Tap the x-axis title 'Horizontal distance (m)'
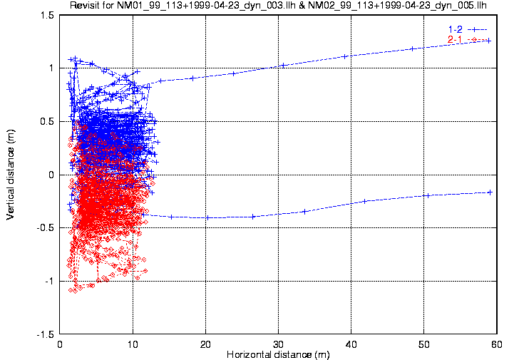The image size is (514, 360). pyautogui.click(x=278, y=354)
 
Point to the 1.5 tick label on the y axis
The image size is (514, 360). pyautogui.click(x=47, y=14)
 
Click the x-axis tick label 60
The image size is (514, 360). pyautogui.click(x=496, y=344)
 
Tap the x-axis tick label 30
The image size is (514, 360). pyautogui.click(x=278, y=344)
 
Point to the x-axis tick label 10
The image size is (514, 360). pyautogui.click(x=133, y=344)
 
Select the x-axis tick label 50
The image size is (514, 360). pyautogui.click(x=423, y=344)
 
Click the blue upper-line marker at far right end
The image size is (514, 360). pyautogui.click(x=489, y=41)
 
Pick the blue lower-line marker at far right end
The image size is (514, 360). pyautogui.click(x=490, y=192)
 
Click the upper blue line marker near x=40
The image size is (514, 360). pyautogui.click(x=345, y=56)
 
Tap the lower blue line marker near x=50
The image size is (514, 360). pyautogui.click(x=427, y=195)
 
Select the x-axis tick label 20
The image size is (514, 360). pyautogui.click(x=205, y=344)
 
